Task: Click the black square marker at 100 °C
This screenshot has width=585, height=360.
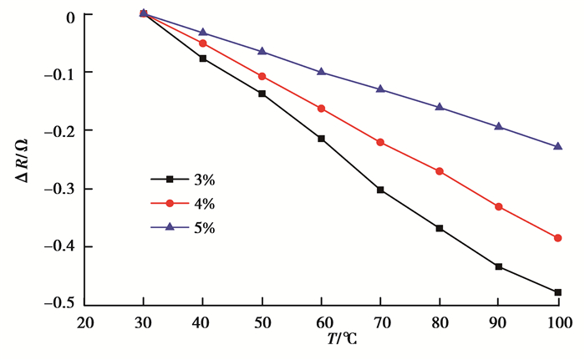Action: coord(557,292)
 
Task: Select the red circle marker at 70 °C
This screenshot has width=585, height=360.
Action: coord(380,143)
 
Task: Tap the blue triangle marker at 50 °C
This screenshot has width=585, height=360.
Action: coord(262,51)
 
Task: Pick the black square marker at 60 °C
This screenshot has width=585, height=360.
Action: coord(321,139)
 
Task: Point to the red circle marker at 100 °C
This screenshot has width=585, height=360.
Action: coord(557,238)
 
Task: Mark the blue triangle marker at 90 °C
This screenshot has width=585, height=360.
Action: coord(499,126)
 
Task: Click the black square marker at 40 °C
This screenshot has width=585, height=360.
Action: coord(203,58)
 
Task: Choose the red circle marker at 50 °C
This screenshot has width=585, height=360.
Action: coord(262,76)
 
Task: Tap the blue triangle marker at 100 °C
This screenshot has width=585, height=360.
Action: coord(557,146)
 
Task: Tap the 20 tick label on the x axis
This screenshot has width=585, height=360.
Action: coord(84,323)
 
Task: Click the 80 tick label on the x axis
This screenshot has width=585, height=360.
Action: coord(440,323)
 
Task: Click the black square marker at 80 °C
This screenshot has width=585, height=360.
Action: coord(440,228)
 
